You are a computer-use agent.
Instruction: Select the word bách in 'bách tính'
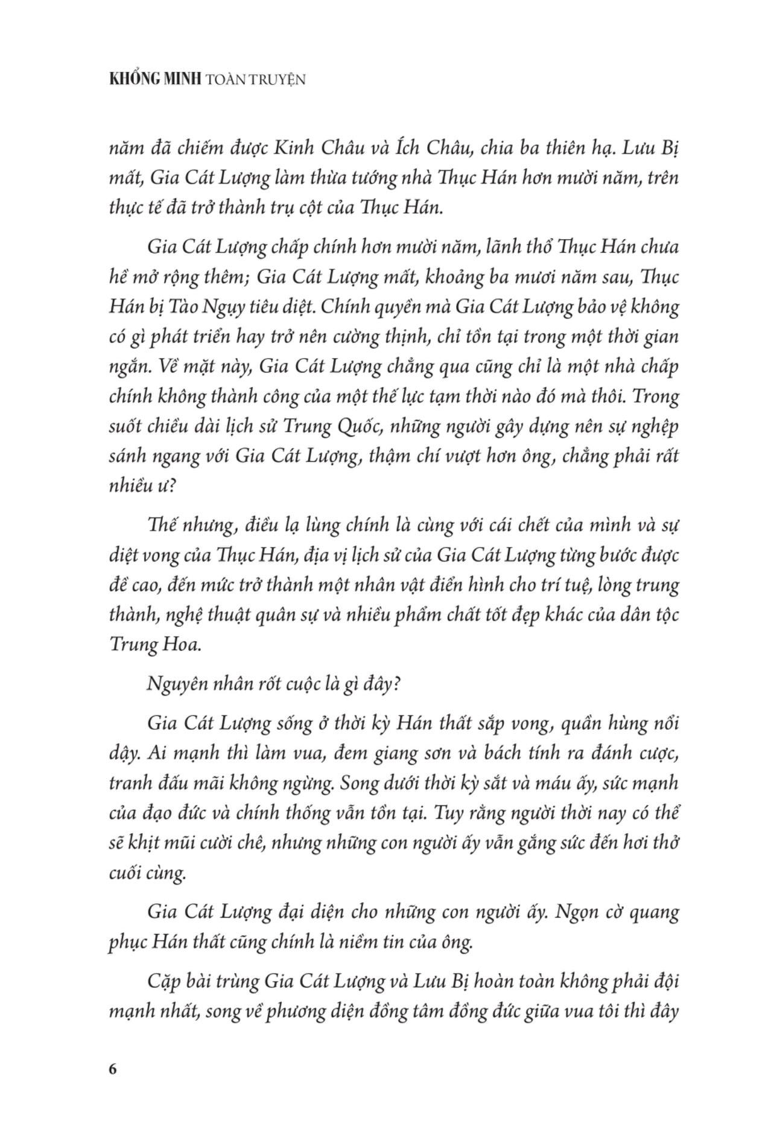click(x=485, y=753)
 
